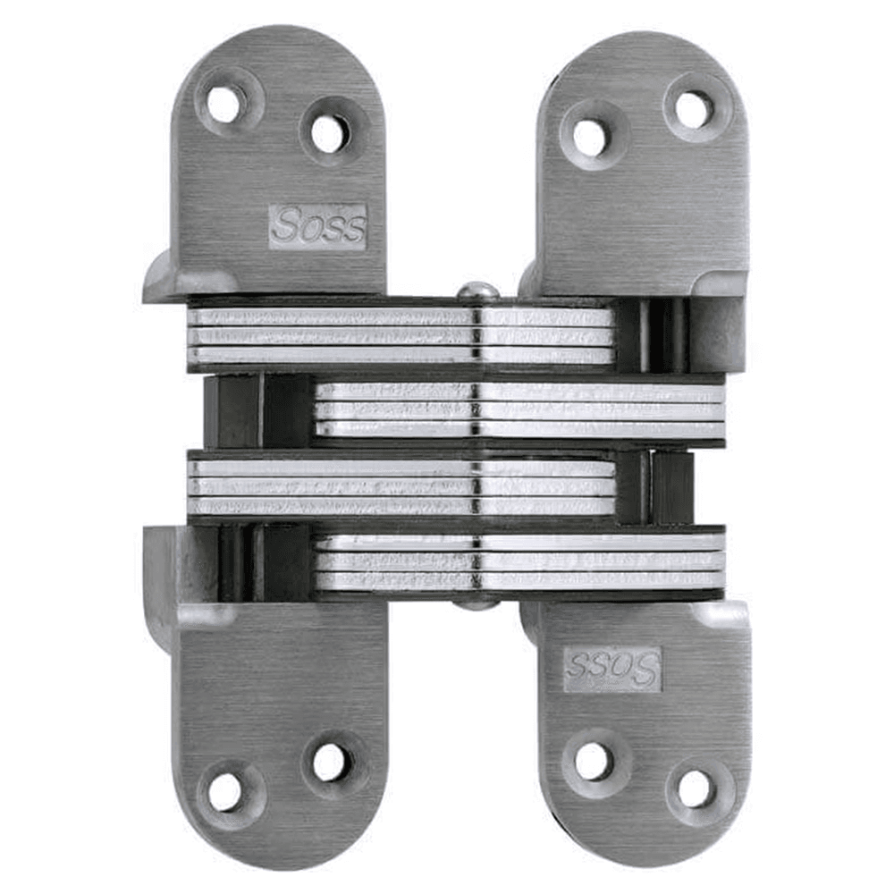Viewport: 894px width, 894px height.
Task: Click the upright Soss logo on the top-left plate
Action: click(317, 226)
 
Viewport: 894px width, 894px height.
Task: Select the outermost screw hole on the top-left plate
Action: click(223, 105)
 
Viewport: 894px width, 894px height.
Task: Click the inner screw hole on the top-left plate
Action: click(327, 134)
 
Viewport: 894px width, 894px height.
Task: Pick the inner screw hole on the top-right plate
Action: click(590, 137)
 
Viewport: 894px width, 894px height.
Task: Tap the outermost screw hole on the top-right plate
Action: click(694, 109)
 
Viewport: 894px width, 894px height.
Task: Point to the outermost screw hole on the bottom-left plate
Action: click(224, 790)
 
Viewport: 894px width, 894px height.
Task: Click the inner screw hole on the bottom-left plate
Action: click(328, 762)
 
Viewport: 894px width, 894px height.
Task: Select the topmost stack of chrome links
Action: click(402, 336)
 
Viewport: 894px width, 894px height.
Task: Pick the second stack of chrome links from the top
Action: click(519, 409)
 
